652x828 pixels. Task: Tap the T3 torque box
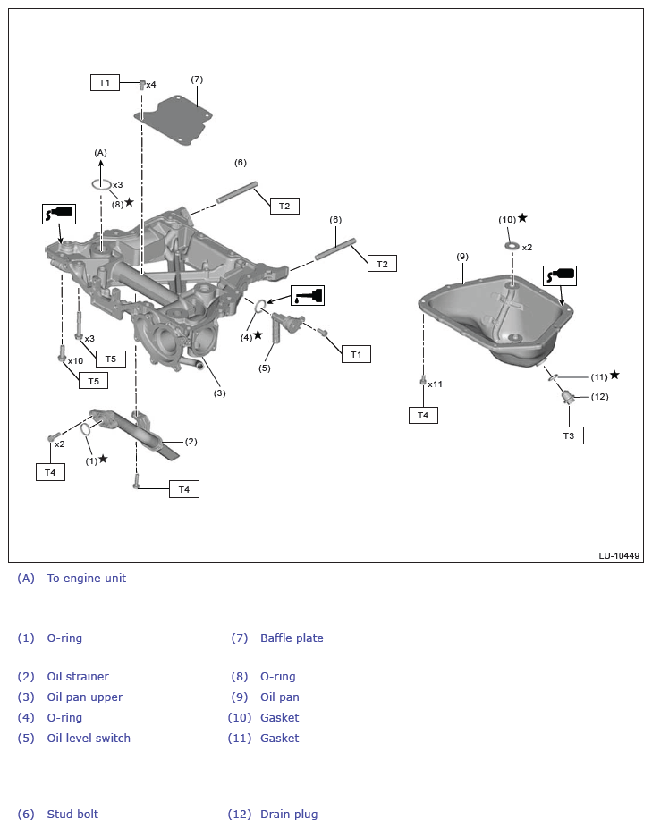pyautogui.click(x=569, y=435)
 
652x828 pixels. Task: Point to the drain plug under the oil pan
pyautogui.click(x=568, y=395)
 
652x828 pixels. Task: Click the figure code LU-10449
pyautogui.click(x=619, y=556)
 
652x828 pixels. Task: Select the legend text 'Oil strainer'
pyautogui.click(x=78, y=677)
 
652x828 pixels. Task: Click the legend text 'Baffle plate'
pyautogui.click(x=292, y=638)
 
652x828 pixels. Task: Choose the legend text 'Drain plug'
pyautogui.click(x=289, y=815)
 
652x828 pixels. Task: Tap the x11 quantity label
pyautogui.click(x=436, y=384)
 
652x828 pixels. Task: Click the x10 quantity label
pyautogui.click(x=76, y=361)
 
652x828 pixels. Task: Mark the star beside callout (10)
pyautogui.click(x=522, y=217)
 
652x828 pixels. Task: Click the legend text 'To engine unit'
pyautogui.click(x=87, y=579)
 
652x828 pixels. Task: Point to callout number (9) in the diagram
pyautogui.click(x=462, y=257)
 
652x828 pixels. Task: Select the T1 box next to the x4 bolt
pyautogui.click(x=105, y=82)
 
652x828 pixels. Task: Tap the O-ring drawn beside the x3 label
pyautogui.click(x=101, y=184)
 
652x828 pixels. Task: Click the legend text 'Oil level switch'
pyautogui.click(x=89, y=739)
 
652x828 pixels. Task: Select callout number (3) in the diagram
pyautogui.click(x=219, y=393)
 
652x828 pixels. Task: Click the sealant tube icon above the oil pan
pyautogui.click(x=560, y=275)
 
